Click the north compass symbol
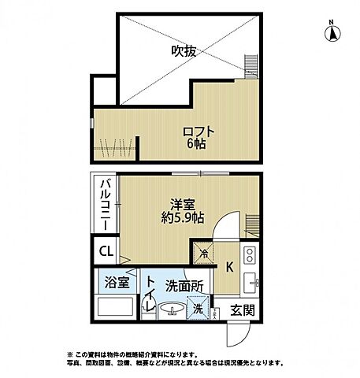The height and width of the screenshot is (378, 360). coord(332,31)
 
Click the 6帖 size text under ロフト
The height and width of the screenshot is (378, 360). coord(197,145)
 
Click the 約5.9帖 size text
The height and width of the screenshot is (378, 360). coord(184,217)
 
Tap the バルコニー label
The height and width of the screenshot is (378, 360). coord(104,204)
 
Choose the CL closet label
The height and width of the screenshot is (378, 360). coord(106,253)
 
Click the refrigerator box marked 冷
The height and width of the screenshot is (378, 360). coord(204,253)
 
